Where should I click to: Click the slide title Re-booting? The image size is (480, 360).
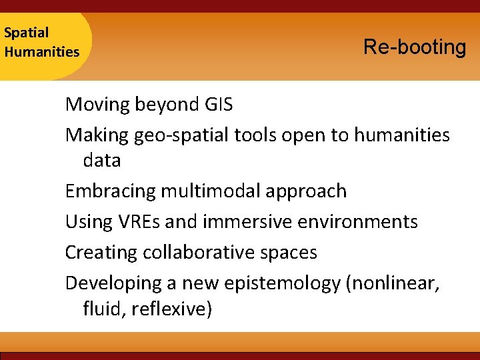tap(415, 47)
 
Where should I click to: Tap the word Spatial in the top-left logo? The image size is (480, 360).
tap(26, 32)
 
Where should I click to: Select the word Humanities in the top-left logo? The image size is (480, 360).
tap(41, 51)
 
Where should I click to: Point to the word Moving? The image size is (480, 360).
tap(97, 104)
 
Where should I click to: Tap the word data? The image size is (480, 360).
tap(102, 161)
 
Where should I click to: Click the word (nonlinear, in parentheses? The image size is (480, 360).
tap(393, 284)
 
